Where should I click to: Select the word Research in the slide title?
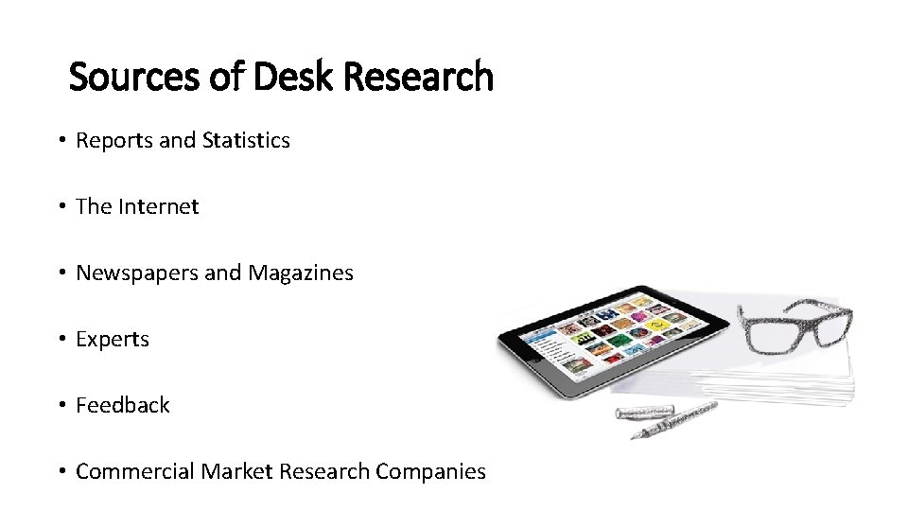[419, 77]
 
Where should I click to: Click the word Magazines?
[301, 273]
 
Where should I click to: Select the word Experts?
[113, 339]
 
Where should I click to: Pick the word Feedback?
[123, 405]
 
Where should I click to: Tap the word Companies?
[431, 471]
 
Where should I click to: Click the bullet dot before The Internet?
[60, 207]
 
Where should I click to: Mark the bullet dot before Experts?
[60, 340]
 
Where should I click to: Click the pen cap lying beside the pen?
[643, 413]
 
